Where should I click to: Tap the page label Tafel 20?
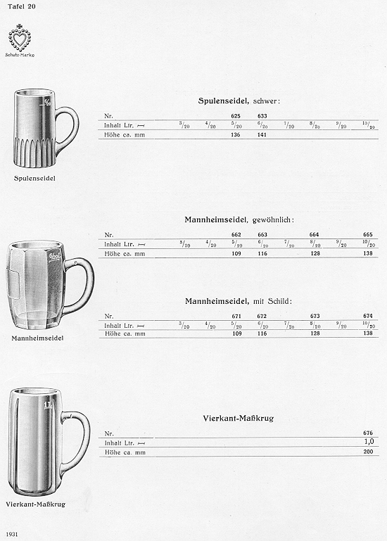point(20,6)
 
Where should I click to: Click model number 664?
point(315,234)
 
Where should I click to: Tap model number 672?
point(262,316)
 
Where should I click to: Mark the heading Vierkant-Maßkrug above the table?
point(237,418)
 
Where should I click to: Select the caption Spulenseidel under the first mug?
point(34,179)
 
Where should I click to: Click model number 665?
point(367,234)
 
